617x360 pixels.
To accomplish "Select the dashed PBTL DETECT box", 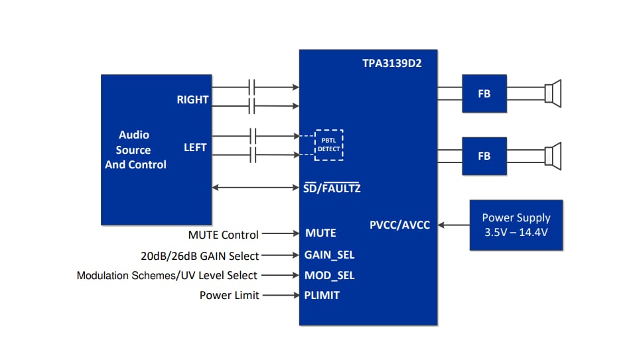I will tap(328, 145).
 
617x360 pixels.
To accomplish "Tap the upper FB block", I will tap(484, 93).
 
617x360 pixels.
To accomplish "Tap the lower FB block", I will tap(484, 156).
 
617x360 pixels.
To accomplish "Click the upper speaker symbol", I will tap(553, 93).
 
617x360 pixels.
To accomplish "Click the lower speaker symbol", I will tap(553, 155).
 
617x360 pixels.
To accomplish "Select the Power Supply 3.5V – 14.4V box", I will tap(515, 225).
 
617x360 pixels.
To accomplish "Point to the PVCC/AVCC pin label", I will tap(399, 225).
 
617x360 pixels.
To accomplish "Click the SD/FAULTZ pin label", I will tap(332, 188).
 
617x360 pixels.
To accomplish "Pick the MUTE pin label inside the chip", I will tap(320, 233).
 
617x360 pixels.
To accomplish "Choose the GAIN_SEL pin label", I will tap(329, 255).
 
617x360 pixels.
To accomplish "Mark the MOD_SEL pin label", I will tap(329, 275).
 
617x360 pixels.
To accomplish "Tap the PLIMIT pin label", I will tap(322, 295).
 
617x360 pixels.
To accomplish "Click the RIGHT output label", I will tap(192, 99).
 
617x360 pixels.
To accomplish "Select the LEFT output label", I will tap(195, 147).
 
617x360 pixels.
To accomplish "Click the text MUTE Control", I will tap(224, 235).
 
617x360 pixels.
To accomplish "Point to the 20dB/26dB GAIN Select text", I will tap(200, 256).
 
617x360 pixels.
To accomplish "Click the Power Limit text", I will tap(230, 296).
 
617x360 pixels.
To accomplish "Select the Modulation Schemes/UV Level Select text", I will tap(167, 275).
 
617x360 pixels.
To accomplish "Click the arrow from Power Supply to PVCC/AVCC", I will tap(454, 225).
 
